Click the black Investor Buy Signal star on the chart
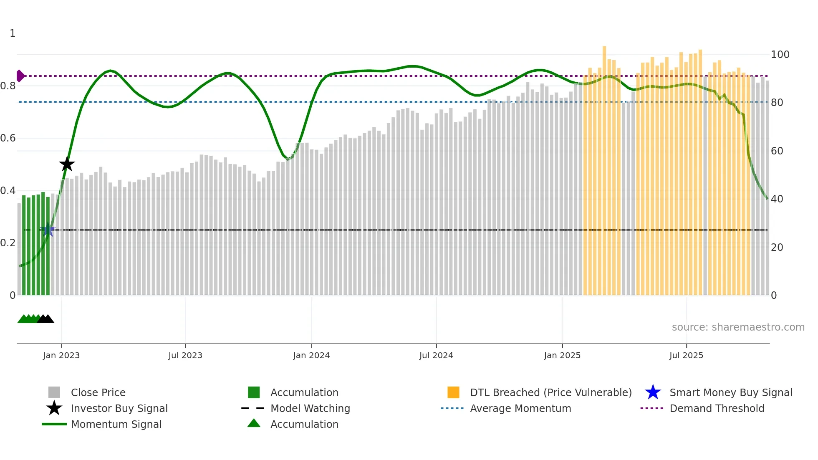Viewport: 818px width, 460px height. [67, 164]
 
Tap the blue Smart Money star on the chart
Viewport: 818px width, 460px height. [48, 230]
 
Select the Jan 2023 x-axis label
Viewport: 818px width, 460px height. [61, 355]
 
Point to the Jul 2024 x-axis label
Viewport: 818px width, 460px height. [436, 355]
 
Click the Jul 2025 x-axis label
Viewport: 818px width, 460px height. [686, 355]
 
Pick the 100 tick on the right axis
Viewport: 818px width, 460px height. [780, 55]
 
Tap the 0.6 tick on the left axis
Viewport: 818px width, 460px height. [8, 138]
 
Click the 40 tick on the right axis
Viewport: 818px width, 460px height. [777, 199]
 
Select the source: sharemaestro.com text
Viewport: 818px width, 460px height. [738, 327]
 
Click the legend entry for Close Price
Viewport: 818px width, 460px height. [98, 392]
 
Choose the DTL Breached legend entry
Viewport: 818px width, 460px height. [550, 392]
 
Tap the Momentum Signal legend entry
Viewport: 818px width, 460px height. [116, 424]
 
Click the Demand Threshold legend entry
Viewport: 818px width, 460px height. [717, 408]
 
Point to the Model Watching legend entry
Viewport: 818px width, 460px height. [310, 408]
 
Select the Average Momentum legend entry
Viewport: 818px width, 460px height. [520, 408]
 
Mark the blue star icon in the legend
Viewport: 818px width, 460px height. [653, 392]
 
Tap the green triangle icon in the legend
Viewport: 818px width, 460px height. [254, 423]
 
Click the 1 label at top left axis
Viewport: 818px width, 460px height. [13, 33]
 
